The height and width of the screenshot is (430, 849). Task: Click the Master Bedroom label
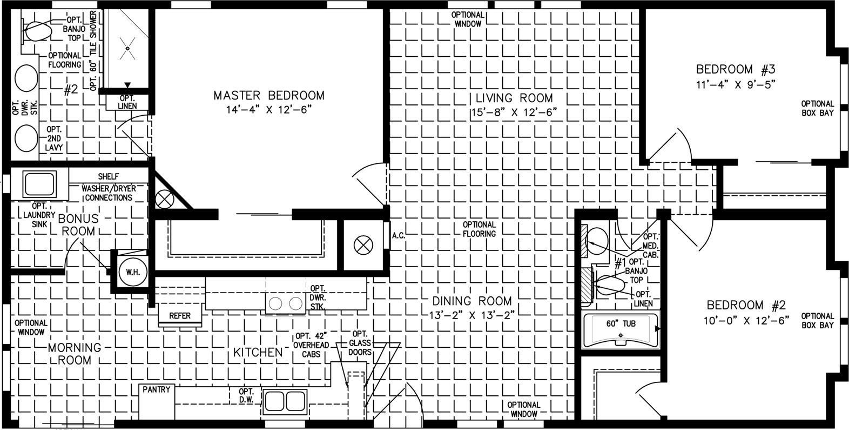pyautogui.click(x=269, y=95)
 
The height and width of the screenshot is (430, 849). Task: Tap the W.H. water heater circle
pyautogui.click(x=133, y=272)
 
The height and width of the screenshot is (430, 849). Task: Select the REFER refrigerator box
pyautogui.click(x=180, y=316)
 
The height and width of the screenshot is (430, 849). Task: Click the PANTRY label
pyautogui.click(x=156, y=390)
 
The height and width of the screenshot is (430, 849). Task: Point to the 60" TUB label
pyautogui.click(x=621, y=324)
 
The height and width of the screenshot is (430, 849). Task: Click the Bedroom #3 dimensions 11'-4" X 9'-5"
pyautogui.click(x=736, y=84)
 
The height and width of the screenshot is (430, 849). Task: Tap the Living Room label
pyautogui.click(x=514, y=98)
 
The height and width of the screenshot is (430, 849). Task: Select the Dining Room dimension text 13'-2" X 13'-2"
pyautogui.click(x=472, y=315)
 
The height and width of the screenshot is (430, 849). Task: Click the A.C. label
pyautogui.click(x=399, y=236)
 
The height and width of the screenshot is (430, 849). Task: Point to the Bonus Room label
pyautogui.click(x=78, y=224)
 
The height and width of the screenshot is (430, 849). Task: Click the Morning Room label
pyautogui.click(x=75, y=354)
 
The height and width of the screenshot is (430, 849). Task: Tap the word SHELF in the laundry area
pyautogui.click(x=109, y=176)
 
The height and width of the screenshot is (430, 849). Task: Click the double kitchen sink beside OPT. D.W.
pyautogui.click(x=285, y=401)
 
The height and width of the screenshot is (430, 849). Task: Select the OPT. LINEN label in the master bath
pyautogui.click(x=127, y=102)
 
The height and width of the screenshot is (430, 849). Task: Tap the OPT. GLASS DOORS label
pyautogui.click(x=360, y=343)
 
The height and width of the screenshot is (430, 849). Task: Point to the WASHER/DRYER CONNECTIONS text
pyautogui.click(x=109, y=193)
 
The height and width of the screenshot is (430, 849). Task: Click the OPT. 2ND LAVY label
pyautogui.click(x=54, y=138)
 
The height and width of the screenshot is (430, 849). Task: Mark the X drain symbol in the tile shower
pyautogui.click(x=128, y=49)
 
